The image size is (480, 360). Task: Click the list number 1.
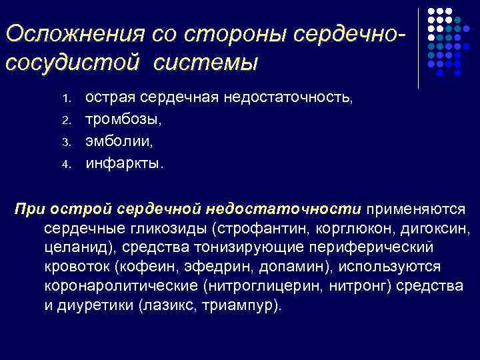coord(66,99)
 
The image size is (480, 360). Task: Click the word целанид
coord(73,248)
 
